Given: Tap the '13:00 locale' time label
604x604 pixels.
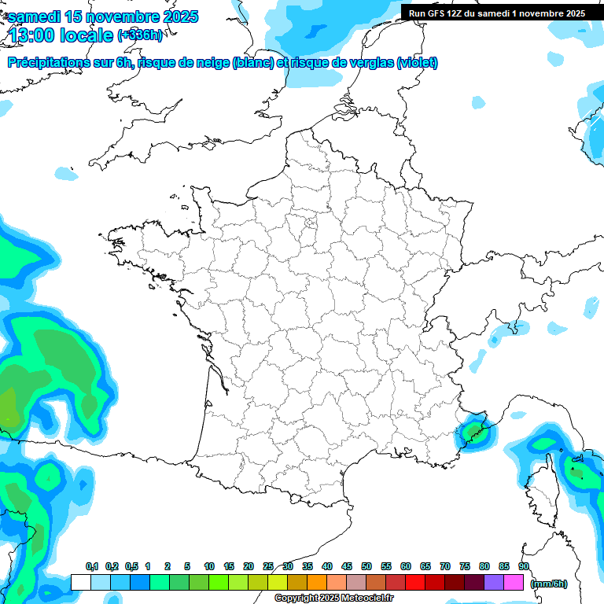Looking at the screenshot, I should tap(61, 35).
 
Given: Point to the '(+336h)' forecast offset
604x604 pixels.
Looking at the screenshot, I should tap(140, 35).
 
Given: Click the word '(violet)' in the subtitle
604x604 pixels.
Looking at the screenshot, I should tap(418, 63).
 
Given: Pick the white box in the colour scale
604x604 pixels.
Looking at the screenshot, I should tap(80, 583).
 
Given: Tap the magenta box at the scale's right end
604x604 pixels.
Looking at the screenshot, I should tap(514, 583).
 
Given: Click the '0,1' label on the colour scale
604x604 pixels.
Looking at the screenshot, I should tap(92, 567).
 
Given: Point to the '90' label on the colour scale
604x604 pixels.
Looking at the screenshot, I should tap(524, 567).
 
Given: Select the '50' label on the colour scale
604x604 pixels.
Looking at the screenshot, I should tap(366, 567).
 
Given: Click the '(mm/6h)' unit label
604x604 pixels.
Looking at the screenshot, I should tap(549, 584).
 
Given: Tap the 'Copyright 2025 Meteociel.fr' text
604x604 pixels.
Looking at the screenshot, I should tap(333, 598).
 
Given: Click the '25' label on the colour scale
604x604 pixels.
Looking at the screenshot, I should tap(268, 567).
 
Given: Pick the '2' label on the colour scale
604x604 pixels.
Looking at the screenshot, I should tap(168, 567).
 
